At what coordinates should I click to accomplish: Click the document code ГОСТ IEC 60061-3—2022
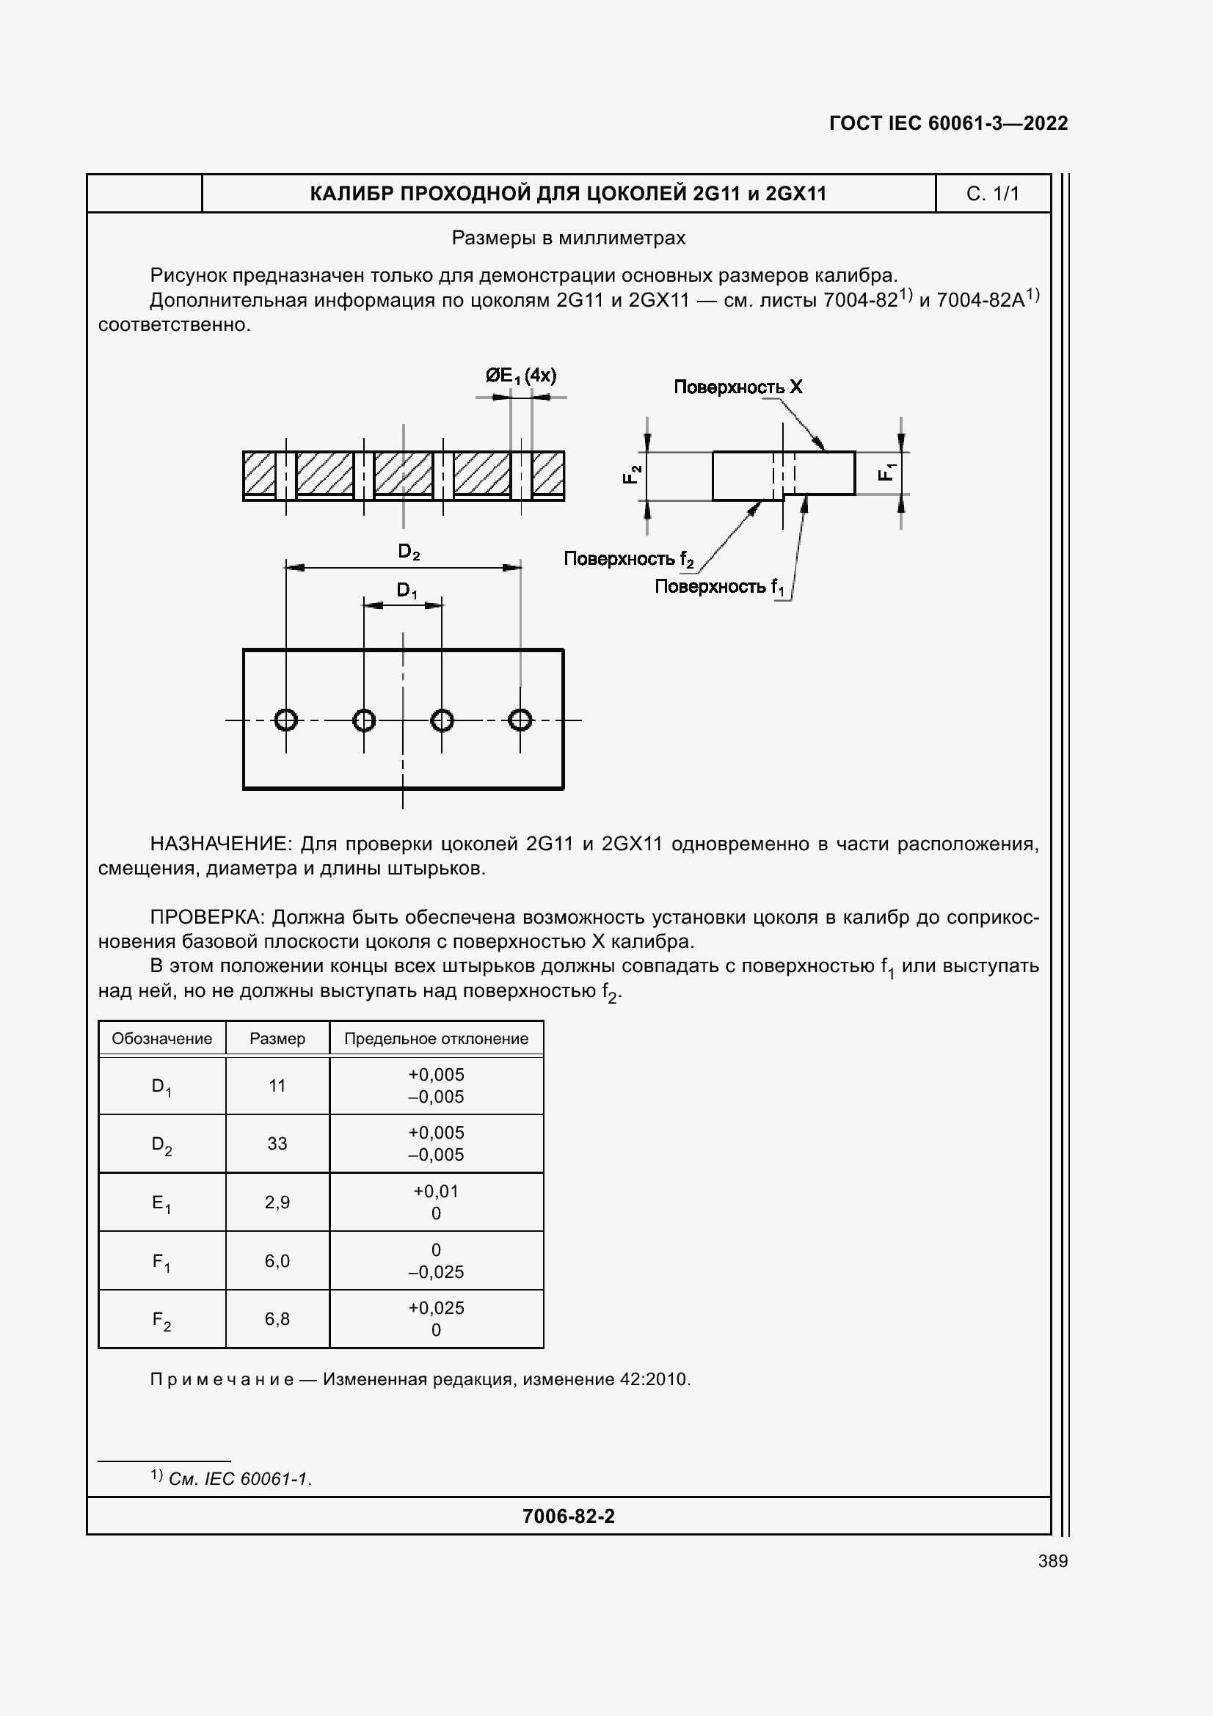(x=947, y=123)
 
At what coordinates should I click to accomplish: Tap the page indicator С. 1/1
(x=992, y=194)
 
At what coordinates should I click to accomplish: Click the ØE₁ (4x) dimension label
(x=520, y=375)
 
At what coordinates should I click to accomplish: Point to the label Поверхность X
(x=737, y=387)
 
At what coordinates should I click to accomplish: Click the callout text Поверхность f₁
(x=719, y=587)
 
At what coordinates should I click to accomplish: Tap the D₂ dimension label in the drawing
(x=409, y=552)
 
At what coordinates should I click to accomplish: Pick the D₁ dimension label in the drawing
(x=407, y=591)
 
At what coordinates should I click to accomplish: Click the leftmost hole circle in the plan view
(x=286, y=720)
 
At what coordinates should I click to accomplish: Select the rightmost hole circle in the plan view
(x=520, y=720)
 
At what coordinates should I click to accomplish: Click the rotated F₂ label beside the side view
(x=633, y=474)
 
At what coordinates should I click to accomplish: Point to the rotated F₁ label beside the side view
(x=886, y=472)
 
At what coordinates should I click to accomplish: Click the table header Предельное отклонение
(x=436, y=1039)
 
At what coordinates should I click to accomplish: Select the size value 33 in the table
(x=277, y=1144)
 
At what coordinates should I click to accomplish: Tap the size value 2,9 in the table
(x=277, y=1202)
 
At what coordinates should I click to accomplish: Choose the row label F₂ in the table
(x=161, y=1320)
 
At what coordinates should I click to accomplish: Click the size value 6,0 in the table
(x=277, y=1261)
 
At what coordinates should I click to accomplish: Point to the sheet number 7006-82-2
(x=568, y=1516)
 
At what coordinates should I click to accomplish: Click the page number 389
(x=1052, y=1560)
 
